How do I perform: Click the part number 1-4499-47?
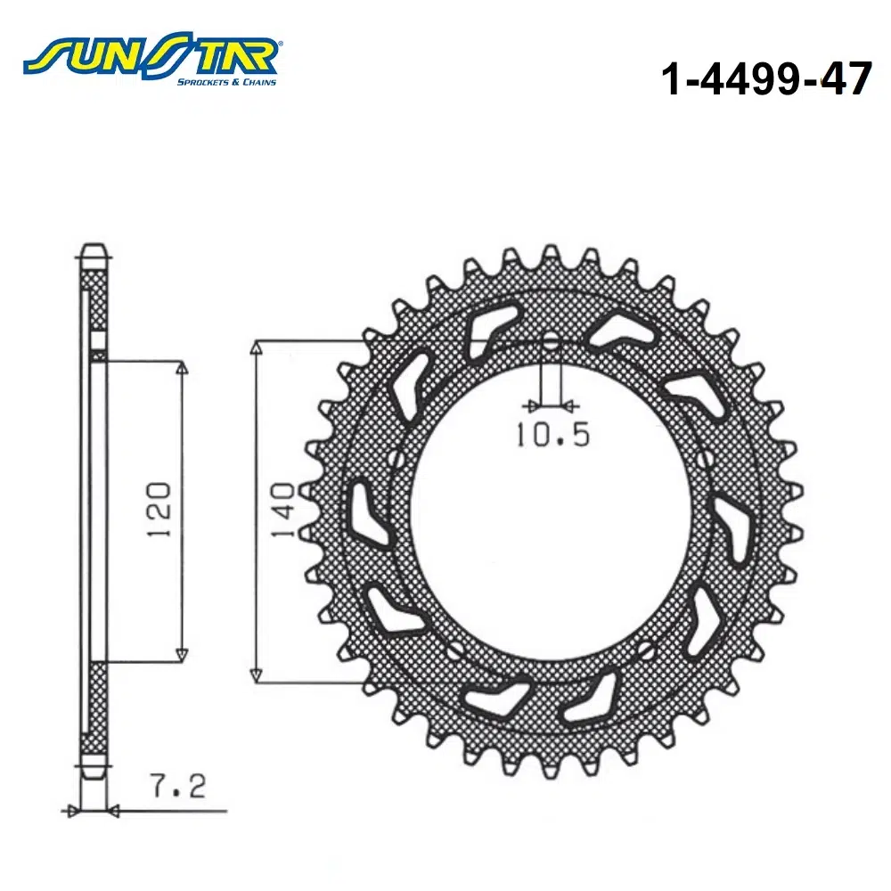(x=766, y=78)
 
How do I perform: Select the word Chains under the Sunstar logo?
(x=259, y=82)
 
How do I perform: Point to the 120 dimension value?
(x=159, y=510)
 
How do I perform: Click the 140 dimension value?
(x=282, y=510)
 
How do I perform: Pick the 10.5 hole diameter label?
(x=553, y=435)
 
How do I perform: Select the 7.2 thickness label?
(x=178, y=787)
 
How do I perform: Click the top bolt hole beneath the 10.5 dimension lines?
(x=551, y=344)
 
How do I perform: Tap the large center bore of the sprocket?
(x=551, y=511)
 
